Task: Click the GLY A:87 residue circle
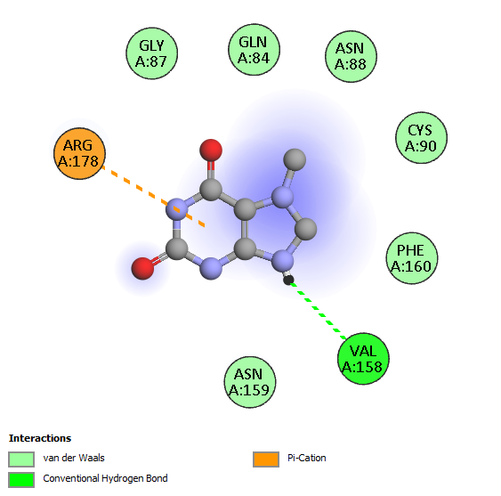(152, 53)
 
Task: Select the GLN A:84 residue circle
(254, 50)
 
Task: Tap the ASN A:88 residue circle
(351, 56)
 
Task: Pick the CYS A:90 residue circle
(421, 137)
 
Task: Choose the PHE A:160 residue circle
(411, 258)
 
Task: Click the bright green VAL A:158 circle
(363, 359)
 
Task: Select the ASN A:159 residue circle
(249, 382)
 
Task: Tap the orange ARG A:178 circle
(79, 153)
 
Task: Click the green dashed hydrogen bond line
(318, 310)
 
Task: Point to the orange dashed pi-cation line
(153, 197)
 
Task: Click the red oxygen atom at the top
(211, 150)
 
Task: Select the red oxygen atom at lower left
(142, 268)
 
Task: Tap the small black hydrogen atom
(288, 281)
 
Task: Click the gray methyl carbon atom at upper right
(295, 159)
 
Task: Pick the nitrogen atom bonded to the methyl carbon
(282, 197)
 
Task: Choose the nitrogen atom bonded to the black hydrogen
(282, 261)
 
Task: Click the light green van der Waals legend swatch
(21, 459)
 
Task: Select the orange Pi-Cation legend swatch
(266, 459)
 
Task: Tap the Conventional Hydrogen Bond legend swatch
(21, 480)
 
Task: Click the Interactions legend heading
(40, 438)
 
